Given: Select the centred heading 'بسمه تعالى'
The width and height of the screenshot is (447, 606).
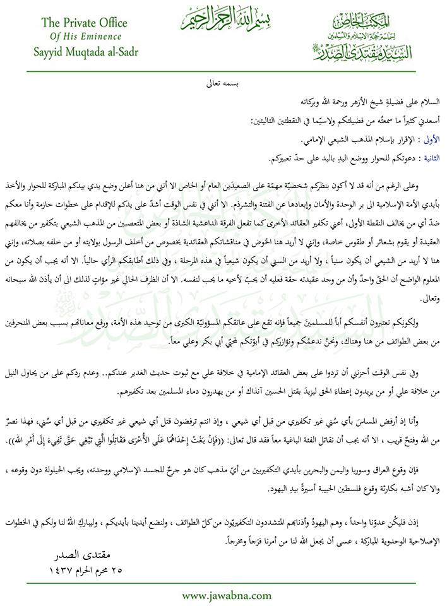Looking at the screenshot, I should click(223, 83).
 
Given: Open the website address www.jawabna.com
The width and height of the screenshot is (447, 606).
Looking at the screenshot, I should click(223, 595).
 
